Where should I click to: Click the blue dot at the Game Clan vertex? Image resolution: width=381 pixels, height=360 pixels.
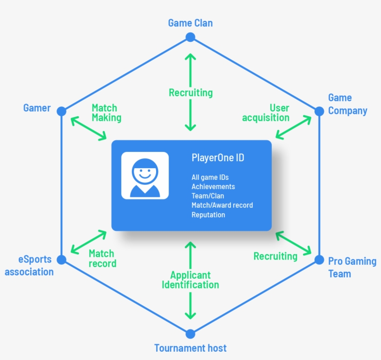pos(190,37)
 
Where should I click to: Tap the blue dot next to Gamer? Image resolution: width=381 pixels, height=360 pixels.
pos(61,111)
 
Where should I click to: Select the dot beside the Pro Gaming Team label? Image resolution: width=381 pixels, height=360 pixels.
pos(319,260)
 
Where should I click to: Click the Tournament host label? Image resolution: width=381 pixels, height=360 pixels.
pos(190,348)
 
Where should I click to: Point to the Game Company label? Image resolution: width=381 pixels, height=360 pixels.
pos(347,105)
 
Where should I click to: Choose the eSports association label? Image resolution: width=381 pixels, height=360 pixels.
pos(29,266)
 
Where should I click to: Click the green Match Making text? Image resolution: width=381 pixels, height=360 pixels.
pos(106,113)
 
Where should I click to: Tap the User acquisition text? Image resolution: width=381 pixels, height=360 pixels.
pos(266,113)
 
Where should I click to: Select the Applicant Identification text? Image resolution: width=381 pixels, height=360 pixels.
pos(190,280)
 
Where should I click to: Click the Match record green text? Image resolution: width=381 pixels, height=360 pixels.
pos(102,258)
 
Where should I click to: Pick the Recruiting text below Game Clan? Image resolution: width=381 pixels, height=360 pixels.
pos(190,93)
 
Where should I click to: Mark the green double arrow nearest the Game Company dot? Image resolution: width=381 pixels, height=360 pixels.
pos(293,127)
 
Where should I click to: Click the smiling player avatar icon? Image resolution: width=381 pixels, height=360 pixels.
pos(145,176)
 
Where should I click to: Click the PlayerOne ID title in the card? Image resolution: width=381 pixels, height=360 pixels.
pos(218,158)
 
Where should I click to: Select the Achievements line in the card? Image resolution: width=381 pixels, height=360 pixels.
pos(213,187)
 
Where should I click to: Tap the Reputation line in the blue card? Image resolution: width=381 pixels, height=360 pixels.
pos(208,215)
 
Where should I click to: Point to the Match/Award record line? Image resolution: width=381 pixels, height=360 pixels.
pos(222,205)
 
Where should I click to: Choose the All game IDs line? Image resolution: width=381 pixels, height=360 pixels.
pos(210,177)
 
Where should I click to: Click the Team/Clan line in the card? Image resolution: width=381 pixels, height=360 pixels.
pos(208,196)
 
